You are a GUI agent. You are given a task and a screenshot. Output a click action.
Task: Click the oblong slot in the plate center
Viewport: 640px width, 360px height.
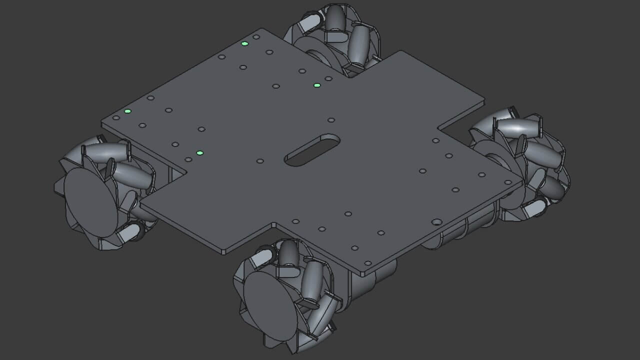312,149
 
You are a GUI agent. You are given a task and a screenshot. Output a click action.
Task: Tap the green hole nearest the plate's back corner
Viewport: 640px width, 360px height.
244,43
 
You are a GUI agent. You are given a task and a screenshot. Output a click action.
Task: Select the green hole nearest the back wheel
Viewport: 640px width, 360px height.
317,85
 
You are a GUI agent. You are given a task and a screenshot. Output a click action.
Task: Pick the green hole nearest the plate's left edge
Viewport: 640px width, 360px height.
127,111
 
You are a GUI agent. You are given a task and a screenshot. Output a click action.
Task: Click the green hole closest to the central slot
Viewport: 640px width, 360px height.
199,153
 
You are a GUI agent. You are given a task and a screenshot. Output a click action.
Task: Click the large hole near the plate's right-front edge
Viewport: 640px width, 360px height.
436,221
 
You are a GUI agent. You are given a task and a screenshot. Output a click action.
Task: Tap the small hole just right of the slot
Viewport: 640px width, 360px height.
331,120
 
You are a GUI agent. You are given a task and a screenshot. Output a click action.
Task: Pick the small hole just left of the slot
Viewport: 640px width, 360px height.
260,161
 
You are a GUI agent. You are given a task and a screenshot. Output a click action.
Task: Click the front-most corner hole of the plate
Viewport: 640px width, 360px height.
367,263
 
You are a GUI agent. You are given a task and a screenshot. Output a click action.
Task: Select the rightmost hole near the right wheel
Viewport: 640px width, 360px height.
508,182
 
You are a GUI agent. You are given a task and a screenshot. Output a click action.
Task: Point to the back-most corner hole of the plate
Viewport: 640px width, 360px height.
256,36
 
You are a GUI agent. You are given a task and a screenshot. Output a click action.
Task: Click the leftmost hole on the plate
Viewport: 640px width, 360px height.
116,118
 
